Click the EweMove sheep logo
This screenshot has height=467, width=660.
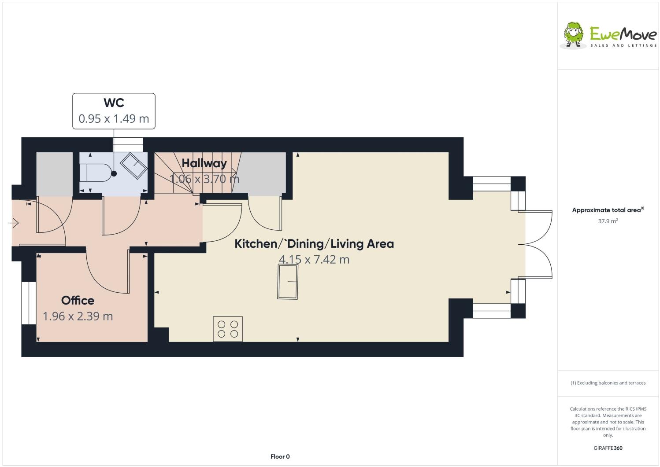tap(574, 34)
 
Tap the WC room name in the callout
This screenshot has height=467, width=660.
tap(114, 103)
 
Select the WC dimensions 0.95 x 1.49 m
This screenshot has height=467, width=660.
tap(114, 118)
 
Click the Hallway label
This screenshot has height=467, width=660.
tap(204, 163)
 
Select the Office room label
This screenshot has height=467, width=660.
tap(78, 301)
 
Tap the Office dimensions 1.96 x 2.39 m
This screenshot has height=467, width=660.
tap(78, 316)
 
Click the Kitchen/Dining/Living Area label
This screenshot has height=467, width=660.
tap(314, 243)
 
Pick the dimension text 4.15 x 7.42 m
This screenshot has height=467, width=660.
tap(314, 259)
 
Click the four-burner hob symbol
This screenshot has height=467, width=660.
tap(228, 329)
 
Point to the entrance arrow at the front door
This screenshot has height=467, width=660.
tap(14, 224)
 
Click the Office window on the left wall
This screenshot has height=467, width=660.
tap(29, 303)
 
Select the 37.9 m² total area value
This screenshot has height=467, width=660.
tap(608, 221)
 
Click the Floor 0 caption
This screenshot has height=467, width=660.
tap(280, 456)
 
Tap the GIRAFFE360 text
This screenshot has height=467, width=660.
tap(608, 448)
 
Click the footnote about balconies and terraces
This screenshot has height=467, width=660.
tap(608, 383)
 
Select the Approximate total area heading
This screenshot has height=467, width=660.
tap(606, 210)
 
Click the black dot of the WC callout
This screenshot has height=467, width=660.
tap(114, 173)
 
